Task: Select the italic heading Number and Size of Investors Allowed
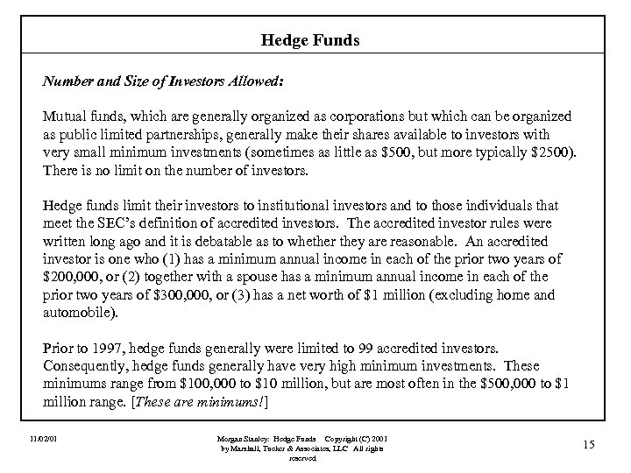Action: [x=163, y=80]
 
